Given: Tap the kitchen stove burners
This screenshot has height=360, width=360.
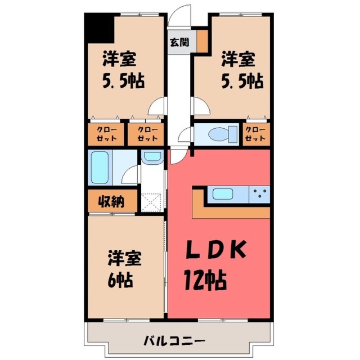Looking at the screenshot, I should point(260,194).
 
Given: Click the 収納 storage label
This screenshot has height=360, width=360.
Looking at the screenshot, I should point(111,202).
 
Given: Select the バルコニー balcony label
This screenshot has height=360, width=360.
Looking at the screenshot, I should point(175,340).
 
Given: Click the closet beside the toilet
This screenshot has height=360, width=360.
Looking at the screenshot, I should point(256,134).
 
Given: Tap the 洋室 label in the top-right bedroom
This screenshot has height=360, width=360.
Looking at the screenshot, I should point(238,59).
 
